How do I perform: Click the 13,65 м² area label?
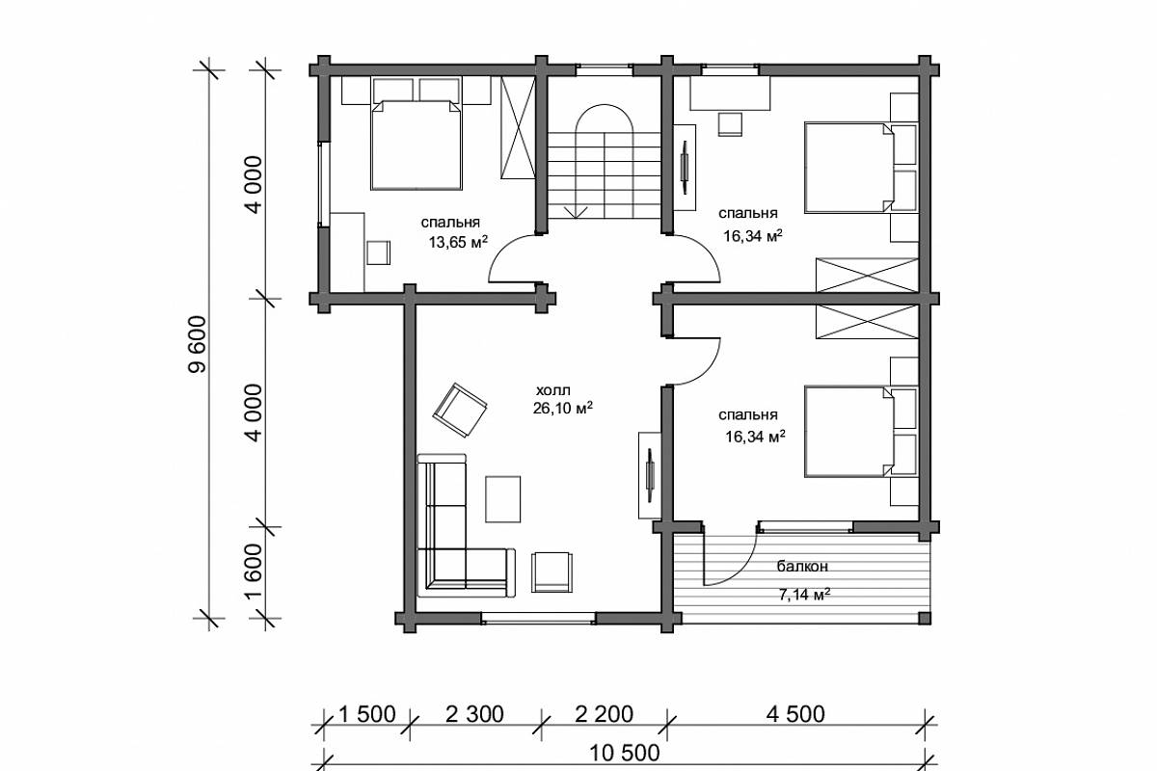458,242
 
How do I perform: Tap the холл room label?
553,390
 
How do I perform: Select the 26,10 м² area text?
562,408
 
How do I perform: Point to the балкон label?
802,567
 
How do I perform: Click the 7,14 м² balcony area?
804,595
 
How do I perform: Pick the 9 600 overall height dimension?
198,344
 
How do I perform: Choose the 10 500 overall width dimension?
625,753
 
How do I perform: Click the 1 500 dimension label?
367,715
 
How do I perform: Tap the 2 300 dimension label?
474,715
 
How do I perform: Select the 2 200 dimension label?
604,715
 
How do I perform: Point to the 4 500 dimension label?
796,715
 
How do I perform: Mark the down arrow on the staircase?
576,212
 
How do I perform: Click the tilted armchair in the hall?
460,411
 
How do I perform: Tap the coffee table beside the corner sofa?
502,499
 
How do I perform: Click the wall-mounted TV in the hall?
650,475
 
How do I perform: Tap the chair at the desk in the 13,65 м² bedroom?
378,253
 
